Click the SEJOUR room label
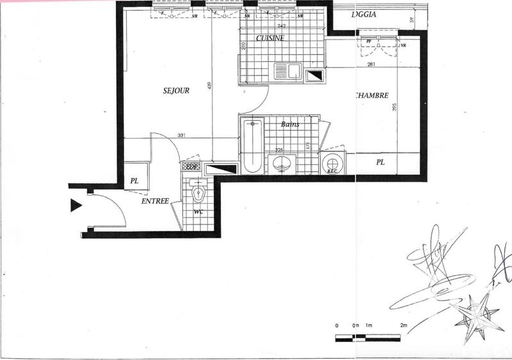coord(176,91)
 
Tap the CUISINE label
coord(269,38)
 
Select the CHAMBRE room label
coord(371,95)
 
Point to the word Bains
coord(291,124)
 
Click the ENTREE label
coord(155,201)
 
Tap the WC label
coord(198,211)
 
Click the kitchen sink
coord(288,70)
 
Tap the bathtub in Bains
coord(252,145)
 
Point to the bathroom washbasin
coord(282,164)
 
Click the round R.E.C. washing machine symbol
coord(333,163)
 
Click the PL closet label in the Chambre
coord(380,163)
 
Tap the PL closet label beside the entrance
coord(134,181)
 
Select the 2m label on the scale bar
coord(403,326)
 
